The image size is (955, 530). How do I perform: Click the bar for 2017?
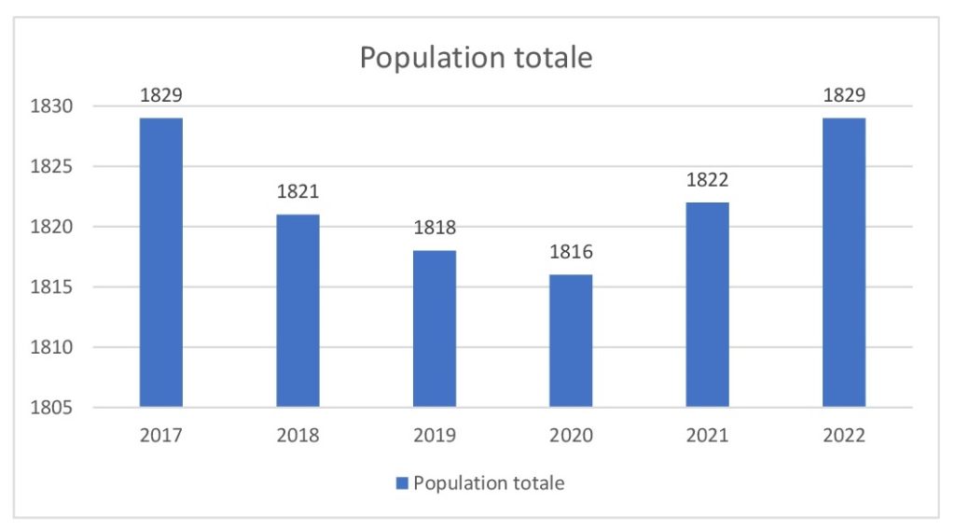[x=161, y=262]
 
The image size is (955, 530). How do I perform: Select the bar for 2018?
[x=298, y=311]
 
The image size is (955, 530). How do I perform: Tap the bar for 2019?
[x=435, y=328]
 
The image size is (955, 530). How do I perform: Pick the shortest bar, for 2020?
[x=571, y=341]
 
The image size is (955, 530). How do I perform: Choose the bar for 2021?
[x=707, y=304]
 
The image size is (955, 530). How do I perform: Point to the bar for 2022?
[x=844, y=262]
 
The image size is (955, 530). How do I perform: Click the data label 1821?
[x=298, y=192]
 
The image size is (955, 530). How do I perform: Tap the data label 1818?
[x=435, y=229]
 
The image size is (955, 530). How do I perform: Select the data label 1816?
[x=571, y=253]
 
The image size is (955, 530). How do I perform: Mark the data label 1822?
[x=707, y=180]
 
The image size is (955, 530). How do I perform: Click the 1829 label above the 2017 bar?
[x=161, y=95]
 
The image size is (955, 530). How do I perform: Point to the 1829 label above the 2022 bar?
[x=844, y=95]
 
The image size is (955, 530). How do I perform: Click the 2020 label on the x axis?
[x=571, y=436]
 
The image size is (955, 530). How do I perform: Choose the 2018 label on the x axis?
[x=298, y=436]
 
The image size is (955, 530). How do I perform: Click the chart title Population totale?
[x=476, y=57]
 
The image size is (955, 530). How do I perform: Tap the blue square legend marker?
[x=402, y=483]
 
